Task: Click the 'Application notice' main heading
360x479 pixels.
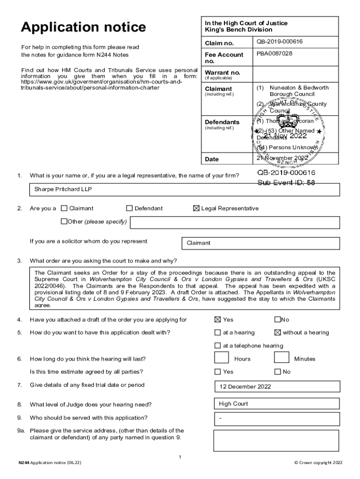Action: tap(83, 28)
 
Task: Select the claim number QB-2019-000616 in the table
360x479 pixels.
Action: tap(280, 42)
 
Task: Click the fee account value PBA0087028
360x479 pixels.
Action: tap(274, 54)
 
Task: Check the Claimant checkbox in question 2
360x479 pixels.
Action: tap(65, 209)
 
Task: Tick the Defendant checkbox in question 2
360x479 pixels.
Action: tap(130, 209)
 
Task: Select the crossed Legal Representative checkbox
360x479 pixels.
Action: tap(196, 209)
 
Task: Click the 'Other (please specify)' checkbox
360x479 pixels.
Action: tap(64, 222)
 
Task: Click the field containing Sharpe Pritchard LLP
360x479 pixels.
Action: tap(185, 189)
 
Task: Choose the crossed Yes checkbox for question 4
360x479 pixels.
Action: tap(217, 320)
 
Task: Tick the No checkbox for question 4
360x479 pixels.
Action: tap(277, 320)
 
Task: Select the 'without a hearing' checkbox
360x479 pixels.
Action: tap(277, 333)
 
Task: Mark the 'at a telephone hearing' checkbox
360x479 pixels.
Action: tap(217, 346)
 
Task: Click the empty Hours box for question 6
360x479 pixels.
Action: tap(221, 358)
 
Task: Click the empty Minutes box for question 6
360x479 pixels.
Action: tap(281, 358)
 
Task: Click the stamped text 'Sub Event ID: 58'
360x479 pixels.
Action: tap(286, 183)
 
